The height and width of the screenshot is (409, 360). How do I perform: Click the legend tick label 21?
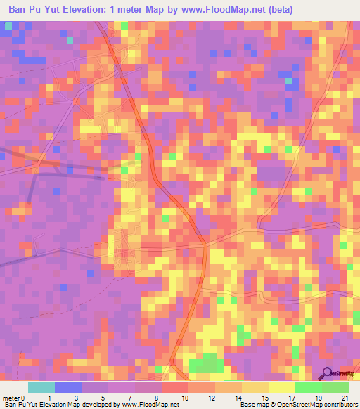[345, 398]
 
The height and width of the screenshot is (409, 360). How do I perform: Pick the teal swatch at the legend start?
[41, 387]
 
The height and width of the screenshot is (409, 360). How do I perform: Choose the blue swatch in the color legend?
[68, 387]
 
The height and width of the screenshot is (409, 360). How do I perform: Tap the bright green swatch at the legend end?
[335, 387]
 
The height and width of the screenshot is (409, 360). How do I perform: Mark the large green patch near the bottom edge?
[206, 364]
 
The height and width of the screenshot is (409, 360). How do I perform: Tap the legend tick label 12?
[212, 398]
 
